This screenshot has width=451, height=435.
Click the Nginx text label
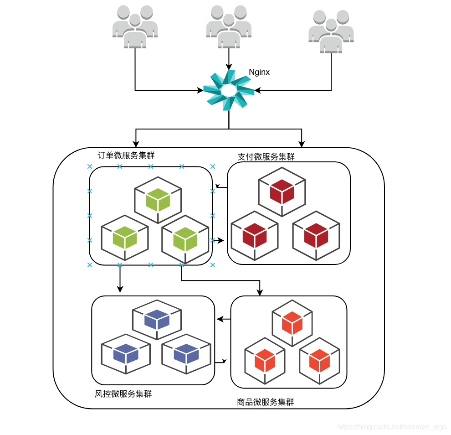[259, 72]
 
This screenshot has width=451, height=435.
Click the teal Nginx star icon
[228, 90]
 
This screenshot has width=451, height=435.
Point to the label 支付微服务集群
[266, 157]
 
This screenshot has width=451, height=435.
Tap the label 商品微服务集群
[266, 402]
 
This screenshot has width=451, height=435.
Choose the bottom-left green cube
[125, 238]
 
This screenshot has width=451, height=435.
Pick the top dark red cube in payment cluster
[282, 192]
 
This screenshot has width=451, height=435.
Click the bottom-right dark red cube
[316, 235]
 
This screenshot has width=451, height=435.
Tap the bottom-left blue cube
[126, 354]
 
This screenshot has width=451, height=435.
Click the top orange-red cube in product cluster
[292, 323]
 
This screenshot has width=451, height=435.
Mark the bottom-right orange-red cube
[319, 360]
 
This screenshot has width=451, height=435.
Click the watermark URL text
[391, 427]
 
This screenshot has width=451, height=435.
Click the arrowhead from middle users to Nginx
[228, 67]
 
